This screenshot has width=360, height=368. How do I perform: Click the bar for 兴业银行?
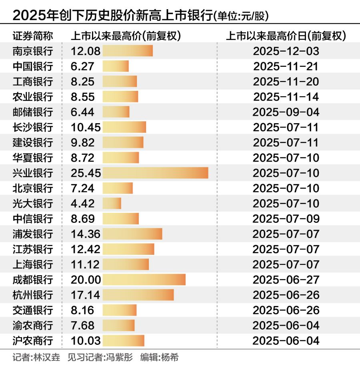click(x=155, y=173)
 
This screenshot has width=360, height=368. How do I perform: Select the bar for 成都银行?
click(x=144, y=279)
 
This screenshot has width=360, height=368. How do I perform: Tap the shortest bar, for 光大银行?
click(x=112, y=203)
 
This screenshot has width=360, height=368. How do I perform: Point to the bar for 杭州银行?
click(x=138, y=295)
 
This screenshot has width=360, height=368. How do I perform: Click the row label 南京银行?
click(x=32, y=51)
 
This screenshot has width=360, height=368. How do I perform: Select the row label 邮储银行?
click(x=32, y=112)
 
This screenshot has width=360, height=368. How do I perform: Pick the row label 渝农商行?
click(x=32, y=325)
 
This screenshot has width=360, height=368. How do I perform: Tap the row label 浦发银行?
click(x=32, y=234)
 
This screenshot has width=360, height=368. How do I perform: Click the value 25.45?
click(x=86, y=173)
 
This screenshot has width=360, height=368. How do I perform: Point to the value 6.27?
click(x=82, y=66)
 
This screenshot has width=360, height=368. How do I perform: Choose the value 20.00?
click(x=86, y=279)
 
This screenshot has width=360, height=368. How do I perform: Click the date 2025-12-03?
click(x=286, y=51)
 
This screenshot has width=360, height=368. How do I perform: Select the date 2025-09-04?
click(x=286, y=112)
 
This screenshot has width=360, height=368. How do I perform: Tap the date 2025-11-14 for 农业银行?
click(x=286, y=97)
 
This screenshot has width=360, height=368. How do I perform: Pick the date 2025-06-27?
click(x=286, y=279)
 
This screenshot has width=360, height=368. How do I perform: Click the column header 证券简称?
click(x=32, y=36)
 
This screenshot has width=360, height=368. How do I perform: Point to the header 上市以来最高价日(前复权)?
click(x=286, y=36)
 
